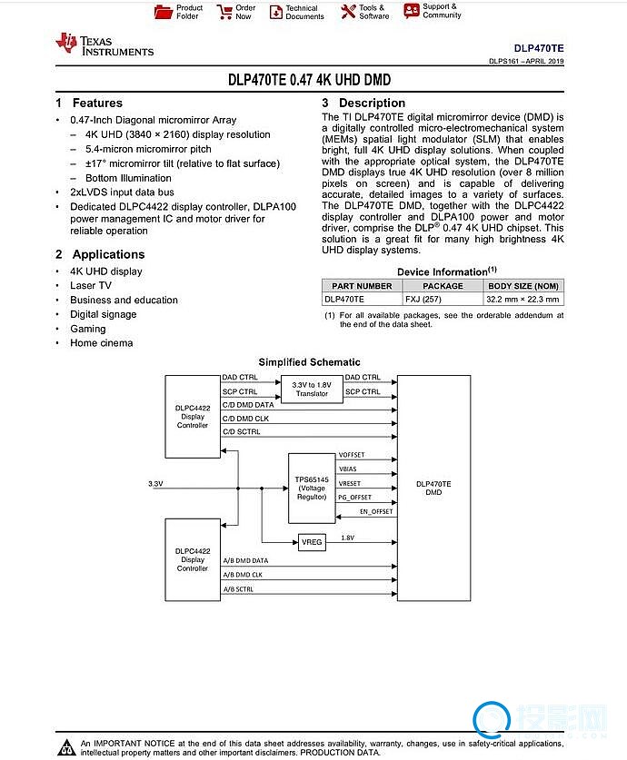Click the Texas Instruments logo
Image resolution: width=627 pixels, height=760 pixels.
tap(104, 44)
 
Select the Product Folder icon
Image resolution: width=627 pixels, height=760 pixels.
tap(164, 12)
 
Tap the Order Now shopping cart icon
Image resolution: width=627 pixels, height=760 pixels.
tap(224, 12)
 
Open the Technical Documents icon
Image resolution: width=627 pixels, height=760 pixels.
tap(276, 12)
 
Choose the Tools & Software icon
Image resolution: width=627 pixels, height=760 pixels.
tap(348, 12)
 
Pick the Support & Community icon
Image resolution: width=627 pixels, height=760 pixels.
tap(411, 11)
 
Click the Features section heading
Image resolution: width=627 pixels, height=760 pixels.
tap(96, 104)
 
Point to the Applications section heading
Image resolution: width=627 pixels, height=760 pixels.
tap(108, 255)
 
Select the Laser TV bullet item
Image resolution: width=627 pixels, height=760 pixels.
tap(91, 286)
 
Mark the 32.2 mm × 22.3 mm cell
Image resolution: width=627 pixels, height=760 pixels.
tap(523, 299)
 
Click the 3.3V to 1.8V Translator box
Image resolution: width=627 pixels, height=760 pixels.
tap(312, 390)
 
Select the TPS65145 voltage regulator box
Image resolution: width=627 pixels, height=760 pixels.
tap(312, 488)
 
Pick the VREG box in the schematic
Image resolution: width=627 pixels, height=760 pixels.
tap(312, 542)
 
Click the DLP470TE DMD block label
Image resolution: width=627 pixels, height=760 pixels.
tap(433, 488)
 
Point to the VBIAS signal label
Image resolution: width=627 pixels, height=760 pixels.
tap(347, 469)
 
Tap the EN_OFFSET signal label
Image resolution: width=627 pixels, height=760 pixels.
tap(375, 511)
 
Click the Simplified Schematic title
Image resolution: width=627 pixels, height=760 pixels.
tap(309, 362)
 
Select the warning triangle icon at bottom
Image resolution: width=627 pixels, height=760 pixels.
tap(65, 747)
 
